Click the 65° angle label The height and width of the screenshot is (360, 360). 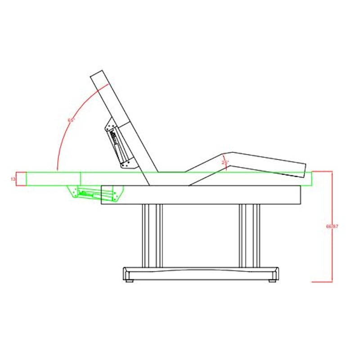coord(71,121)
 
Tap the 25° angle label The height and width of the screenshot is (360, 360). coord(225,162)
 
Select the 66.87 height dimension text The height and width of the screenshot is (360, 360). coord(332,226)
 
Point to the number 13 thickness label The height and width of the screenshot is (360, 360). coord(13,179)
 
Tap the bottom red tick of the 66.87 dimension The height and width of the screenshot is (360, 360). coord(322,282)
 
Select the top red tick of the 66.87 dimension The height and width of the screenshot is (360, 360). coord(322,171)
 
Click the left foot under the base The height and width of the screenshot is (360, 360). coord(130,281)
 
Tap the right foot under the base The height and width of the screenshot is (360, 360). coord(272,281)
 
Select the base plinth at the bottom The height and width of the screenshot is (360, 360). coord(201,274)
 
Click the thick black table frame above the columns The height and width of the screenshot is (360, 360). coord(201,194)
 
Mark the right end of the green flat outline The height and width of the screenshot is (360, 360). coord(311,179)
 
